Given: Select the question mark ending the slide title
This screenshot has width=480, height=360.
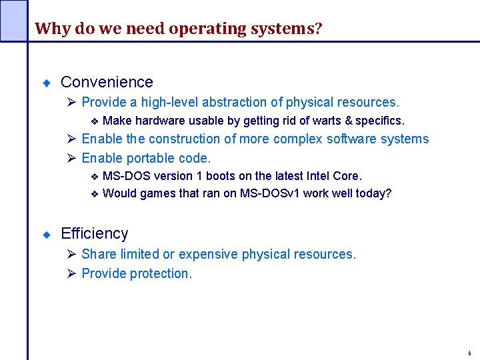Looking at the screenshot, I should [x=319, y=29].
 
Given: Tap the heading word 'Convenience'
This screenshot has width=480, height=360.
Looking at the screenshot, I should [x=107, y=82].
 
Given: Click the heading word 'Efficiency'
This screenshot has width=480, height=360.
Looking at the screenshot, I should [x=94, y=233].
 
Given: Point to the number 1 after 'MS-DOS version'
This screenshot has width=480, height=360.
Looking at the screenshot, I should [x=199, y=176].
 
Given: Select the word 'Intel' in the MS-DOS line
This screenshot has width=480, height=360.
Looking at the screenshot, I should [x=318, y=176].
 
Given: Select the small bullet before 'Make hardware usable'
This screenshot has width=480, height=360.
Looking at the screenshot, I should [x=94, y=121].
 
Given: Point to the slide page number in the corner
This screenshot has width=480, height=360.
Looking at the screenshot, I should [x=469, y=353].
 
